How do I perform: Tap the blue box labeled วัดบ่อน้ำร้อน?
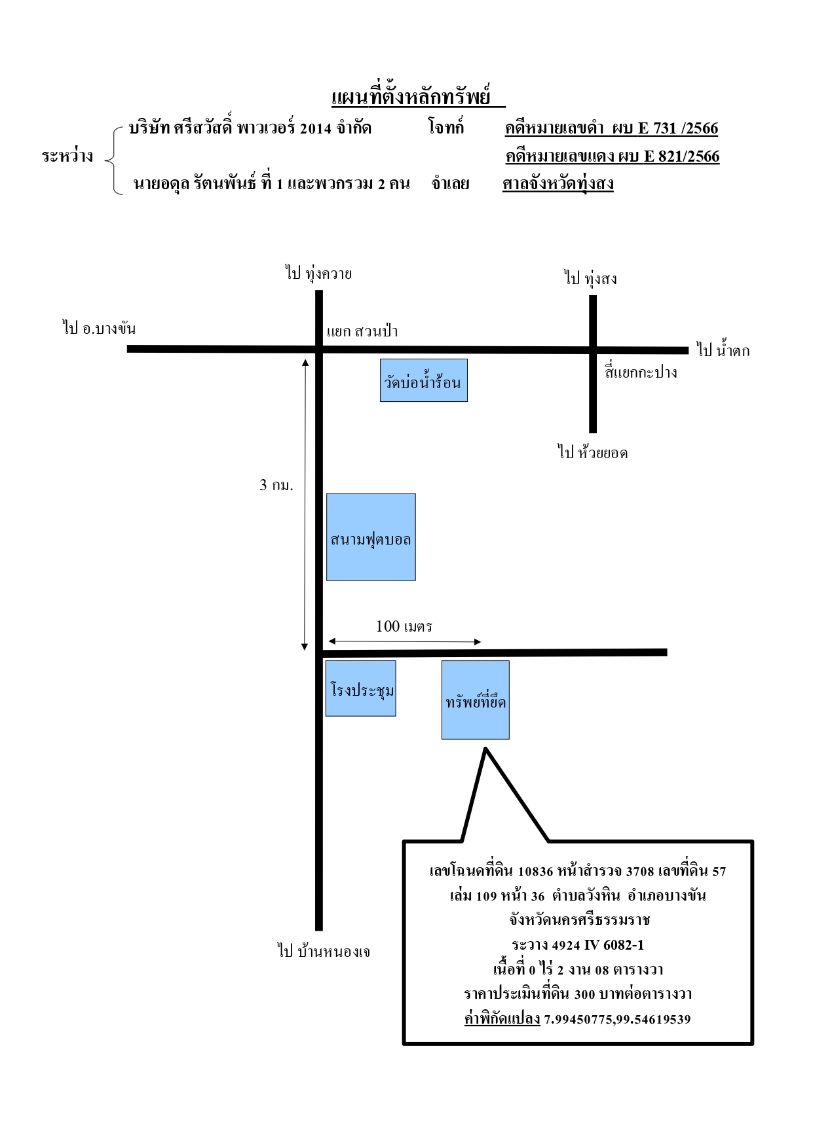click(x=424, y=380)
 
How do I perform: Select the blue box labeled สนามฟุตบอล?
click(x=371, y=537)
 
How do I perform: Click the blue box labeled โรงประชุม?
click(x=361, y=689)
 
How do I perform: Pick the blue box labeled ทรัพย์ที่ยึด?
click(x=476, y=700)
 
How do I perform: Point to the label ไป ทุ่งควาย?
click(x=318, y=273)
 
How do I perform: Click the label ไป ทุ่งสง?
click(x=591, y=278)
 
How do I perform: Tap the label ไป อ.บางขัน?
click(x=100, y=327)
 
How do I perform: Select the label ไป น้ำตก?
click(x=723, y=350)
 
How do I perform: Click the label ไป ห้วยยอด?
click(x=593, y=452)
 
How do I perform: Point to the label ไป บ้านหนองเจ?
click(x=324, y=950)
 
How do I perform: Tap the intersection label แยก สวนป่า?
click(x=362, y=331)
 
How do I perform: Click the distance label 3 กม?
click(x=276, y=485)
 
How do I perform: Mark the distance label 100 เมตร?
click(x=404, y=626)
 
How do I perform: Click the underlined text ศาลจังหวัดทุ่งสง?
click(x=558, y=183)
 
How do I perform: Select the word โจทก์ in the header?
click(x=446, y=126)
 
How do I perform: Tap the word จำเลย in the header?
click(x=451, y=183)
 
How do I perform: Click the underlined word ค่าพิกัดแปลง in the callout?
click(x=502, y=1018)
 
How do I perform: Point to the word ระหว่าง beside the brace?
click(x=67, y=156)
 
